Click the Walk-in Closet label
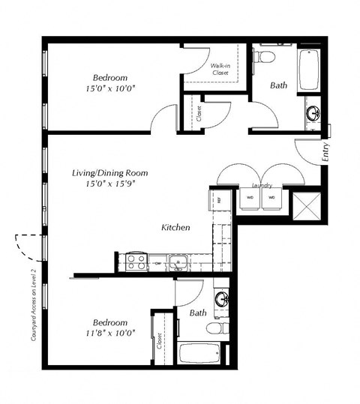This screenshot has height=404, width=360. click(x=220, y=70)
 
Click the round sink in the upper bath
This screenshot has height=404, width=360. click(x=311, y=114)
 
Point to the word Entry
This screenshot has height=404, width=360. click(x=325, y=152)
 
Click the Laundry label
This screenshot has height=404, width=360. click(x=261, y=185)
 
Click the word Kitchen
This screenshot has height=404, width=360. click(x=175, y=226)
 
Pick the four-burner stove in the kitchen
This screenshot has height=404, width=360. click(x=136, y=262)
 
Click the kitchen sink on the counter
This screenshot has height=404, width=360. click(x=177, y=262)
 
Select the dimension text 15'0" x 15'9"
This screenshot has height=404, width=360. click(x=109, y=185)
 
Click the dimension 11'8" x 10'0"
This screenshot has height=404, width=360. click(x=109, y=331)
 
